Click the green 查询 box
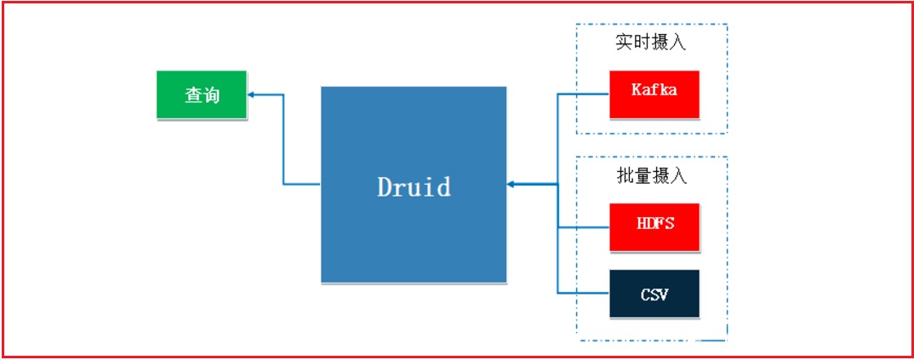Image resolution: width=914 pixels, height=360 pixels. [202, 94]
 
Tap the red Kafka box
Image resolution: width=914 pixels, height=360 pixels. [654, 94]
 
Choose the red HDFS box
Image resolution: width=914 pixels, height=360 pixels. [654, 227]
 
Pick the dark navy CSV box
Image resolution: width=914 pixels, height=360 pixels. [654, 294]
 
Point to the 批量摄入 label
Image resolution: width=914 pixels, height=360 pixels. [651, 176]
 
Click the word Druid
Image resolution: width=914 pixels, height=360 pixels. [414, 186]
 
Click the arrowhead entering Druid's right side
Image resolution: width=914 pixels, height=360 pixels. [511, 184]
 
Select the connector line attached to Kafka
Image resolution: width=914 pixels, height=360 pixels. [584, 94]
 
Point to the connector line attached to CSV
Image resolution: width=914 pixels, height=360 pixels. [584, 293]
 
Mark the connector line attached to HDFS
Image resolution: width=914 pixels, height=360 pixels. [584, 227]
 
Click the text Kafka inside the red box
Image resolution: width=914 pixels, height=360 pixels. [654, 89]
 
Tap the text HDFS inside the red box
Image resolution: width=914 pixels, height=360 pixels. [654, 223]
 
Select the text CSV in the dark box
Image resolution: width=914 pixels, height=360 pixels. [654, 295]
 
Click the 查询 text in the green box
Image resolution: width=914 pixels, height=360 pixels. [202, 95]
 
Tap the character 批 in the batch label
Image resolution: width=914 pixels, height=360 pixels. [624, 176]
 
